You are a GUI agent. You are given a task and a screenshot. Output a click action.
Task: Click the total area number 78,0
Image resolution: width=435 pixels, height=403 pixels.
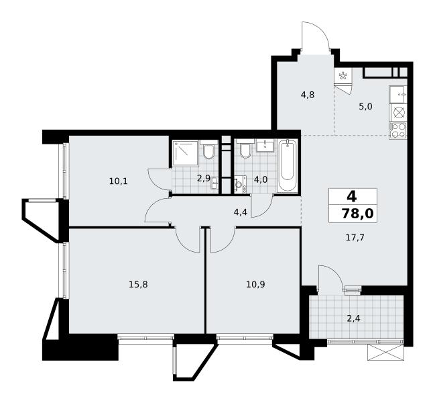[358, 214]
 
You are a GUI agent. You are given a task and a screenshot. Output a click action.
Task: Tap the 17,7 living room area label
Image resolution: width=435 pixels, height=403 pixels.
[355, 238]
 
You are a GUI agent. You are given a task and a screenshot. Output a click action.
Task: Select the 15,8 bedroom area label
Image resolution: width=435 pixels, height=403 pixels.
[138, 284]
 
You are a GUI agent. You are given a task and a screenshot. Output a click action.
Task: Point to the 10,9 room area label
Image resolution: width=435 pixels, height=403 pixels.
[255, 284]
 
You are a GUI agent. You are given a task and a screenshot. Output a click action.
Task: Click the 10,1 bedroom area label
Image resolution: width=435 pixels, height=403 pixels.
[119, 181]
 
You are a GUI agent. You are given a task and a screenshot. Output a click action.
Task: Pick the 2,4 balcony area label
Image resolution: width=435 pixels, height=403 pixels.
[353, 318]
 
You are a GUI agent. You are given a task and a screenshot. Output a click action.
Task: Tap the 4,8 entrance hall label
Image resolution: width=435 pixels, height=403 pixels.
[308, 95]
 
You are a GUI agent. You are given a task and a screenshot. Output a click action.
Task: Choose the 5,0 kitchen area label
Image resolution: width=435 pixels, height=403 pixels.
[365, 106]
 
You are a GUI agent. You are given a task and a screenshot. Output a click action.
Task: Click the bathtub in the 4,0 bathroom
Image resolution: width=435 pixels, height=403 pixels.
[288, 165]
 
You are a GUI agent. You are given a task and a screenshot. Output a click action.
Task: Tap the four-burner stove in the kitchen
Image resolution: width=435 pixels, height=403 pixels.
[399, 130]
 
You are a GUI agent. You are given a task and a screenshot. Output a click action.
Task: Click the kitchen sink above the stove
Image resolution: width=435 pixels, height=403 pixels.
[398, 95]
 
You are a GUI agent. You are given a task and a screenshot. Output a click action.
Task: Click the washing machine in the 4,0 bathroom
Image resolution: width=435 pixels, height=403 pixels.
[241, 184]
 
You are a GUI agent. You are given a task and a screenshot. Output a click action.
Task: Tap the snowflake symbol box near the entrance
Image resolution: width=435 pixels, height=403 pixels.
[343, 75]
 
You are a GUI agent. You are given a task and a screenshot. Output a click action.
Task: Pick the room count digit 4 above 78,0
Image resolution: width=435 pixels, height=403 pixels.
[351, 197]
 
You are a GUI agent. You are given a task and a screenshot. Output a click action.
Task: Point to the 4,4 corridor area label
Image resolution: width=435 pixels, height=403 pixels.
[240, 213]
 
